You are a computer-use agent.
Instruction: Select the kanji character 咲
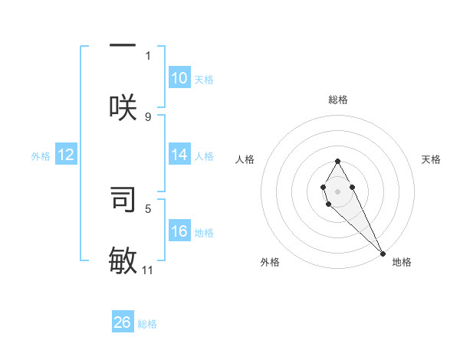[123, 106]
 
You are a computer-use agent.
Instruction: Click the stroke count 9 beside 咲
[148, 117]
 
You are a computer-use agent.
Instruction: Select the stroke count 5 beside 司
[148, 208]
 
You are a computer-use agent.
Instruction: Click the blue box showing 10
[179, 77]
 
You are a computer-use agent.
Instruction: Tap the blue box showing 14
[179, 155]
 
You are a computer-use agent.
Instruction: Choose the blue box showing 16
[179, 231]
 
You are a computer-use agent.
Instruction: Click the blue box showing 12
[66, 155]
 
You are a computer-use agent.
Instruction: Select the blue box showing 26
[123, 322]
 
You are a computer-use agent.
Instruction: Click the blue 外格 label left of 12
[41, 156]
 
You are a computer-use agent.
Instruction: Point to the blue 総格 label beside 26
[147, 324]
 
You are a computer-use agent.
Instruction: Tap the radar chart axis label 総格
[338, 100]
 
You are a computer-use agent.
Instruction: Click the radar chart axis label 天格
[431, 159]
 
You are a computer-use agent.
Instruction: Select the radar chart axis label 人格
[245, 159]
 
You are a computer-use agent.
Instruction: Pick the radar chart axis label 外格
[270, 262]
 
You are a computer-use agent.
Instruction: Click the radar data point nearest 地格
[383, 253]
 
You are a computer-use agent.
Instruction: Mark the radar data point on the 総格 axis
[337, 161]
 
